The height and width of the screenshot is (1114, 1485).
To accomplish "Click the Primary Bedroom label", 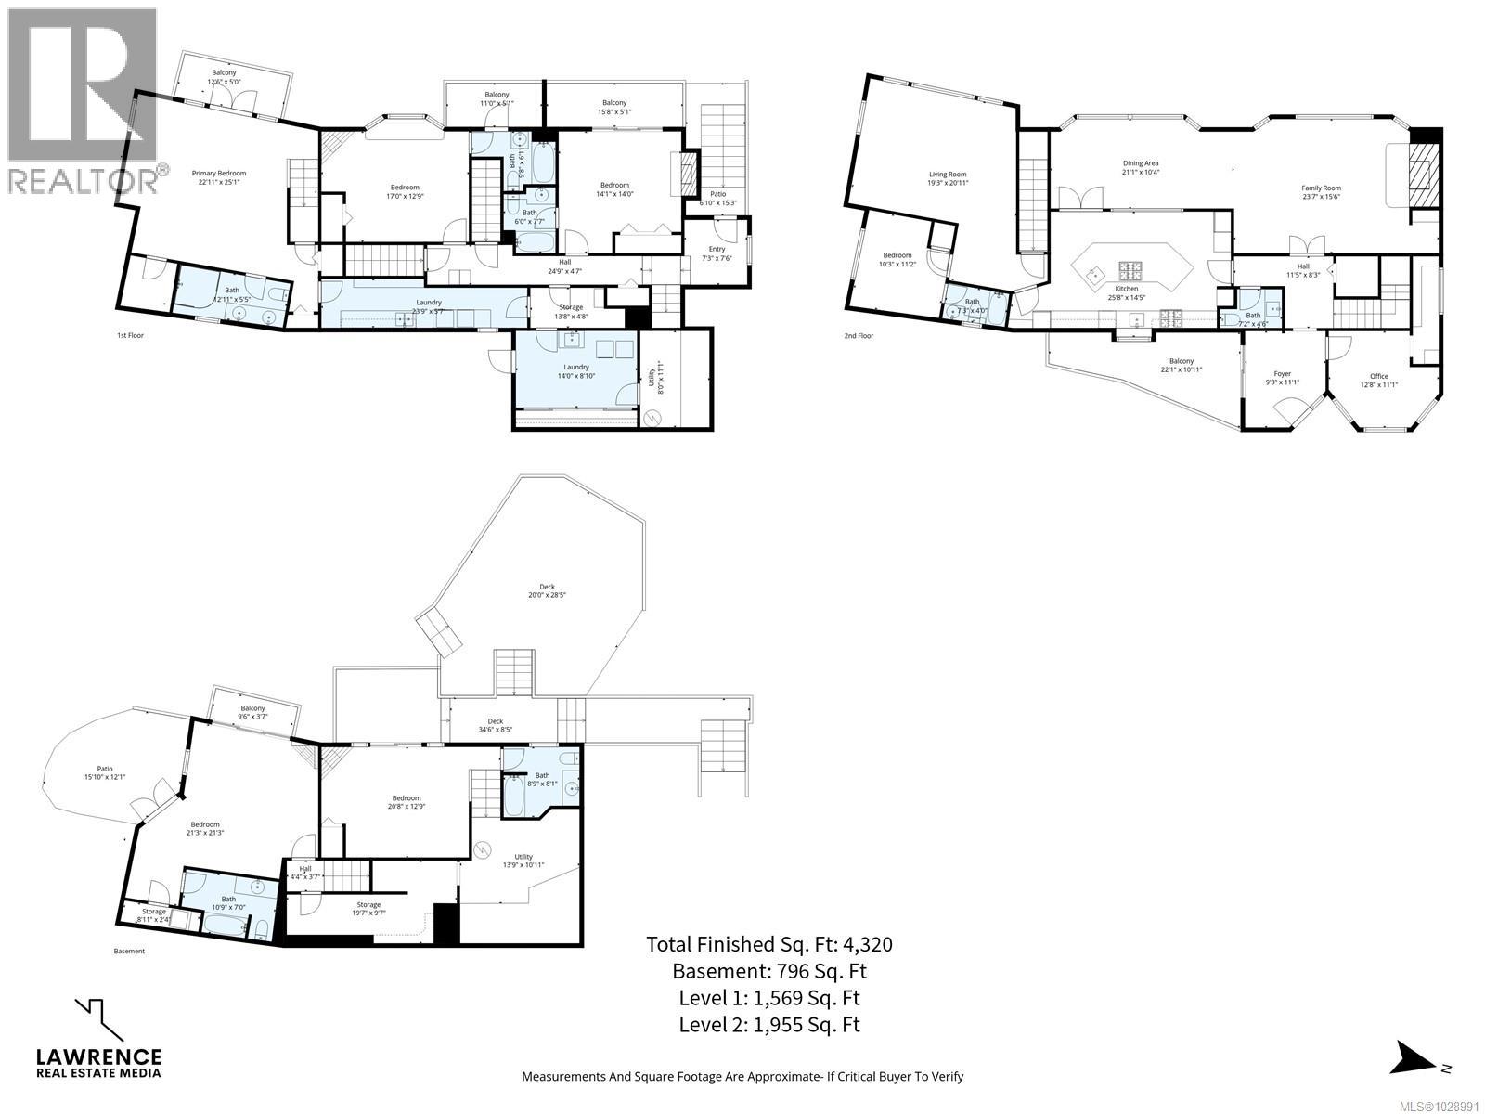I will [x=218, y=177].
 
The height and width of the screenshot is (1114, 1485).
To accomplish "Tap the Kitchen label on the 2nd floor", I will [x=1126, y=292].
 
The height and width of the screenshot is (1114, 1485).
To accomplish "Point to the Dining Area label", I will [x=1141, y=167].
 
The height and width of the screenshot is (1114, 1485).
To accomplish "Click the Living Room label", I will [x=948, y=178].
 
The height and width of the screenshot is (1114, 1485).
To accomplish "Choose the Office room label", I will [x=1379, y=380].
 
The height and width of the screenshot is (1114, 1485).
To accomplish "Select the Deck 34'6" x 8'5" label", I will [x=495, y=725].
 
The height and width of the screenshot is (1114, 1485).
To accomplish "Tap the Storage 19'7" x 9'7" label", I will [x=368, y=909].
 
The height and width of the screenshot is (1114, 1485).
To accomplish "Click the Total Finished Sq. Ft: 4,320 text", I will [x=768, y=944].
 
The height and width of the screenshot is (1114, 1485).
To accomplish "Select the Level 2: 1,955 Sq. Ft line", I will [x=768, y=1025].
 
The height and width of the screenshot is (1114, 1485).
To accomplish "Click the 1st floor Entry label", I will [x=717, y=253].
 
